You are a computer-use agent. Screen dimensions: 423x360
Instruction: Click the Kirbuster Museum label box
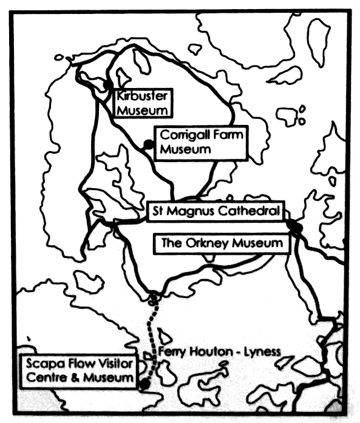142,103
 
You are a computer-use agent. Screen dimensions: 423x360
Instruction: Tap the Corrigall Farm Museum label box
201,142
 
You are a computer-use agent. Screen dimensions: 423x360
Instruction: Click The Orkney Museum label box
222,243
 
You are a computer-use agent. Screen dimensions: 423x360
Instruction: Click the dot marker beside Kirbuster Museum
107,84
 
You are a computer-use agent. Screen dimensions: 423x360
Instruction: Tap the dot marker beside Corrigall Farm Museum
147,144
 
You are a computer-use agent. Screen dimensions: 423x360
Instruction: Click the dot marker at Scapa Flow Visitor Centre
144,384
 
